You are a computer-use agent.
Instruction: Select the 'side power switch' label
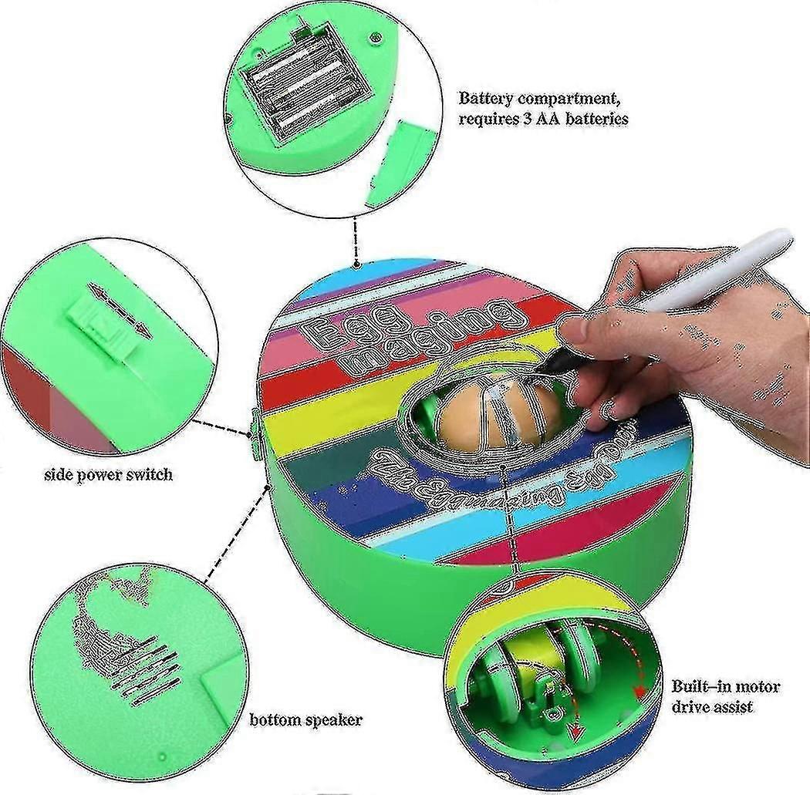tap(108, 474)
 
